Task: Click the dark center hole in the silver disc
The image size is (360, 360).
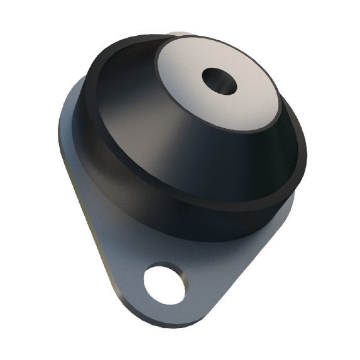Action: click(x=219, y=81)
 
